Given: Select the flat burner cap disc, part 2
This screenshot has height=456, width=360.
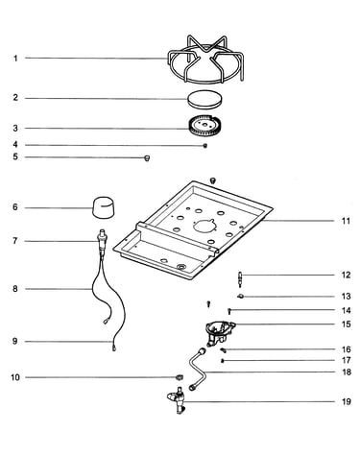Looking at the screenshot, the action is [204, 99].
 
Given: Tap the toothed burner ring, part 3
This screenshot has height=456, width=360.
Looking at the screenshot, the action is [204, 126].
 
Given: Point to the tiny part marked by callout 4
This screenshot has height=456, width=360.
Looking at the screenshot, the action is [205, 146].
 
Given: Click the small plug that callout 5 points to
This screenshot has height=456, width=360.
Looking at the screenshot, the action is [147, 157].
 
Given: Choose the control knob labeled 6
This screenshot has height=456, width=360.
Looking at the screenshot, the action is [104, 207].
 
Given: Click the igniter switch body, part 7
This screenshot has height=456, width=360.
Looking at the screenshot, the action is [102, 241].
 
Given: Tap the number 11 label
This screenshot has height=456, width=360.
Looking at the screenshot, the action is [346, 221].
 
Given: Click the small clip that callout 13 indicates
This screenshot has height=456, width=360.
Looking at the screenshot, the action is [241, 297].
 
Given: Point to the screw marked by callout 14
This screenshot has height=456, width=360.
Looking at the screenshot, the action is [229, 311].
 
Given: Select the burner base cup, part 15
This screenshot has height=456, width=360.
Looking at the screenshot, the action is [220, 333].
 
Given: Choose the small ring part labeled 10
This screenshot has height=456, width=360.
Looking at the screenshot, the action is [180, 376].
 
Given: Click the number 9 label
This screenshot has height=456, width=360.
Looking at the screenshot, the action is [15, 341].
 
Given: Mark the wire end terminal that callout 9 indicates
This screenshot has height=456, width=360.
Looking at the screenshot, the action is [113, 348].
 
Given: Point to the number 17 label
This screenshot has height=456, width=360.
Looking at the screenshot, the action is [346, 360].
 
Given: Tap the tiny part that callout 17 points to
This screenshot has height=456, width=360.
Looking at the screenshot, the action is [223, 361].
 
